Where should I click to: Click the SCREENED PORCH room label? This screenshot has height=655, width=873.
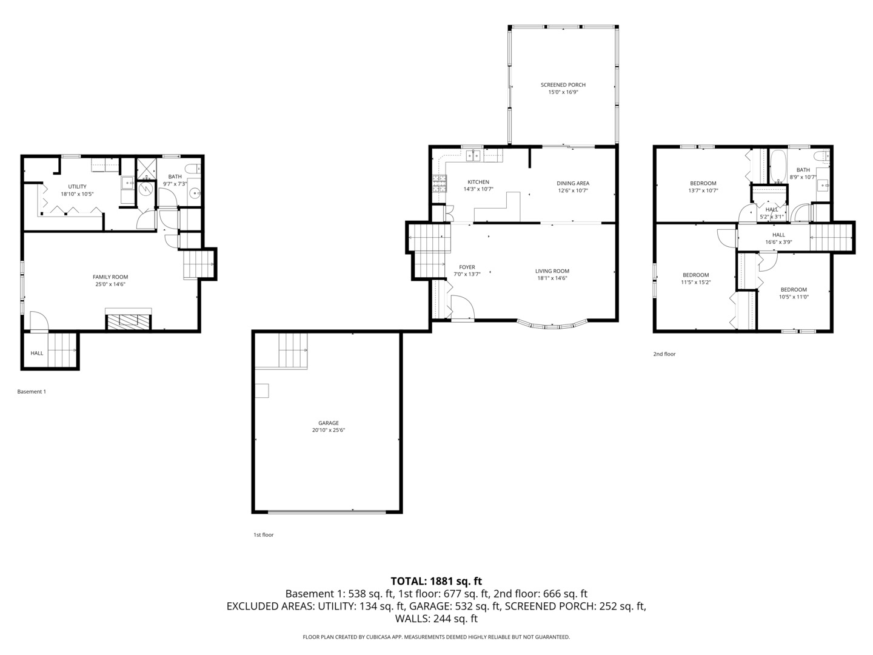pos(563,85)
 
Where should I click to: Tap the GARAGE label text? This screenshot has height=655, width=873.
pos(329,423)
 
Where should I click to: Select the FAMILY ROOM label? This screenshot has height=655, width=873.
pos(110,277)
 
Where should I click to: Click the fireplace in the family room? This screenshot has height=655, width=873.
pos(129,321)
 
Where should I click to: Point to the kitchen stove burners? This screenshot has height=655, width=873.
pos(439,183)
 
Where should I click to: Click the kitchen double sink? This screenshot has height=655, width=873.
pos(473,156)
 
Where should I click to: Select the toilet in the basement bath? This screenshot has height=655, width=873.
pos(193,169)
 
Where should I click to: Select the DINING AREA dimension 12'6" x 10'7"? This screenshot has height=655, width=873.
pos(573,190)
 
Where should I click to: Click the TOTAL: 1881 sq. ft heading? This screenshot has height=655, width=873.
pos(436,581)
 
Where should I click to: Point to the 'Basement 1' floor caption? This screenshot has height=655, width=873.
pos(32,391)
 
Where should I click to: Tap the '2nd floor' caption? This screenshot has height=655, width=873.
pos(664,354)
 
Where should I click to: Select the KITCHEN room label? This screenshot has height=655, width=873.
pos(478,182)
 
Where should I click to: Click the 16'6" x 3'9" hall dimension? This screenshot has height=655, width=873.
pos(778,242)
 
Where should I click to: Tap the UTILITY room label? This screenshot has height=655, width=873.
pos(77,186)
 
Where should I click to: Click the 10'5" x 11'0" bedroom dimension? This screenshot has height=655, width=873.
pos(794,297)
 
